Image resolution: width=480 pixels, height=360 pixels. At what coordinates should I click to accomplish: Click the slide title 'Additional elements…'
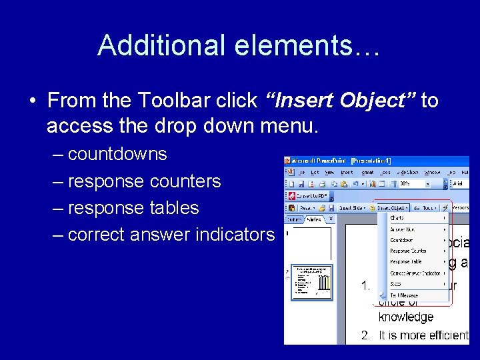(x=239, y=45)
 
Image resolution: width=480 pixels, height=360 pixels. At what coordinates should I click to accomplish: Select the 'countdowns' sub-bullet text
(x=117, y=154)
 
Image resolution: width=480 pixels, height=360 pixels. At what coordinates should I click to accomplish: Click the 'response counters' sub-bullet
(x=144, y=181)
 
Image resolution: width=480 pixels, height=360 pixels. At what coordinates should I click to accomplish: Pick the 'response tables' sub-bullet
(x=133, y=208)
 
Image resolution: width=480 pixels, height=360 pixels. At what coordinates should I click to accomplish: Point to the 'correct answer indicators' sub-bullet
(x=171, y=235)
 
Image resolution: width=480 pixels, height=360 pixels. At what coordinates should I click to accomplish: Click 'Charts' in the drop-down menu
(x=397, y=218)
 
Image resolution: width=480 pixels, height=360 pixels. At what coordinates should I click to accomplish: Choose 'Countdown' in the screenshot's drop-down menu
(x=401, y=240)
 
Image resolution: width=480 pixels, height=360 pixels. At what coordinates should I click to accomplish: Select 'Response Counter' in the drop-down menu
(x=408, y=251)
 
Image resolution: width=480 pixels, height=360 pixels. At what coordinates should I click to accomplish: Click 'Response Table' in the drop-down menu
(x=406, y=262)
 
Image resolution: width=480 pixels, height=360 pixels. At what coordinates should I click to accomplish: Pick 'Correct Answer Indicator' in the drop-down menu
(x=415, y=273)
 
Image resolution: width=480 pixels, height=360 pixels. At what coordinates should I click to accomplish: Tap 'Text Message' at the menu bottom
(x=404, y=295)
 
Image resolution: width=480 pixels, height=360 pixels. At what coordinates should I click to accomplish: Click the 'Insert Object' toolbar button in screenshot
(x=393, y=207)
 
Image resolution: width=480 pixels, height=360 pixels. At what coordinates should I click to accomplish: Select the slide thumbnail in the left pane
(x=311, y=281)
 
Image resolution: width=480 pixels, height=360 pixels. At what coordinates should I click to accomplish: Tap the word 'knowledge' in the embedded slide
(x=405, y=317)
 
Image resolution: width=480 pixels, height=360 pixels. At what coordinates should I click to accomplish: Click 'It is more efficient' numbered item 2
(x=423, y=335)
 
